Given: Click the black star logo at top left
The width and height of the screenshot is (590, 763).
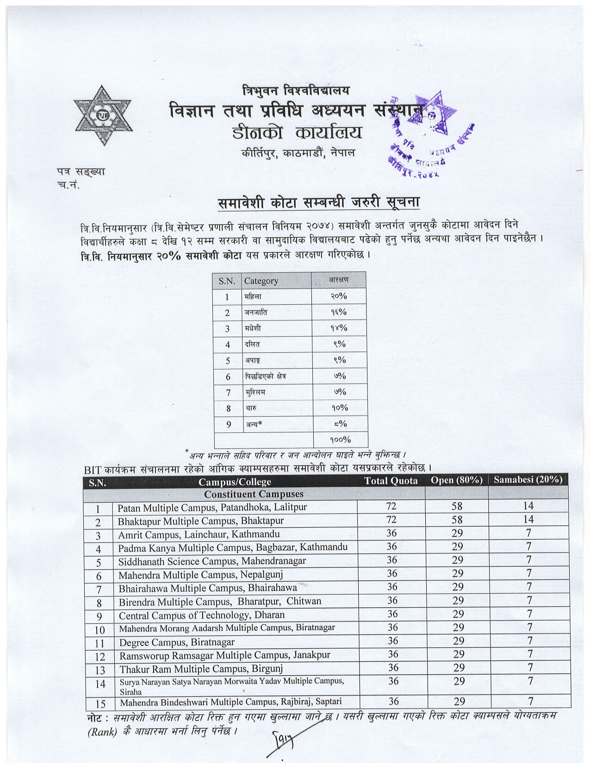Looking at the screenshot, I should pos(103,115).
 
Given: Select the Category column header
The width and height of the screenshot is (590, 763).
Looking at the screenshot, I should pos(261,281).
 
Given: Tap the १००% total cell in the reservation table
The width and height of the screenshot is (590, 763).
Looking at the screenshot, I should pos(340,439).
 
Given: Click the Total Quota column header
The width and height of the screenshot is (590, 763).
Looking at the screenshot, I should pos(391,481).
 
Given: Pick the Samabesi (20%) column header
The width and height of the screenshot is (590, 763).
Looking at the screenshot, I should pos(528,480).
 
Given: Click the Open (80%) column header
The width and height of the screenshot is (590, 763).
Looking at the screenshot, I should pos(456,480).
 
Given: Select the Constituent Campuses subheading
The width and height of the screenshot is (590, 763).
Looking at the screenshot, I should pos(254,494).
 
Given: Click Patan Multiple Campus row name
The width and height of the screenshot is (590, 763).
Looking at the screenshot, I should pos(212,507).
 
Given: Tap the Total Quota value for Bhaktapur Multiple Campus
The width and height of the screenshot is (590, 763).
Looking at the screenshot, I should pos(391,520).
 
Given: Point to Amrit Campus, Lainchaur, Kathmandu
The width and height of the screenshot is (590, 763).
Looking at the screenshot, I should pos(199,535).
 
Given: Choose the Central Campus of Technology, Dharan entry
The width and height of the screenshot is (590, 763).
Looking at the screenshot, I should pos(201,615).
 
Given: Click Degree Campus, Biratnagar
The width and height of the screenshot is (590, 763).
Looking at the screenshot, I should pos(177,642).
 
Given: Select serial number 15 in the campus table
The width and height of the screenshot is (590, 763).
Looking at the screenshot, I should pos(100,704).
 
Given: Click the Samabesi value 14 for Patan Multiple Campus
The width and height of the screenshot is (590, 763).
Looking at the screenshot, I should pos(528,506).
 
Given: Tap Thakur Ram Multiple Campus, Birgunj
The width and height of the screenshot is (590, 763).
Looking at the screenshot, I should pos(201,669).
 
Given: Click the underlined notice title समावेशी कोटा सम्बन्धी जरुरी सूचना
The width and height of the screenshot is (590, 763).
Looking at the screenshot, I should pos(319,203).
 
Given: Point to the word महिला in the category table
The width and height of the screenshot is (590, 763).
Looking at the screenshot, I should pos(253,296).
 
